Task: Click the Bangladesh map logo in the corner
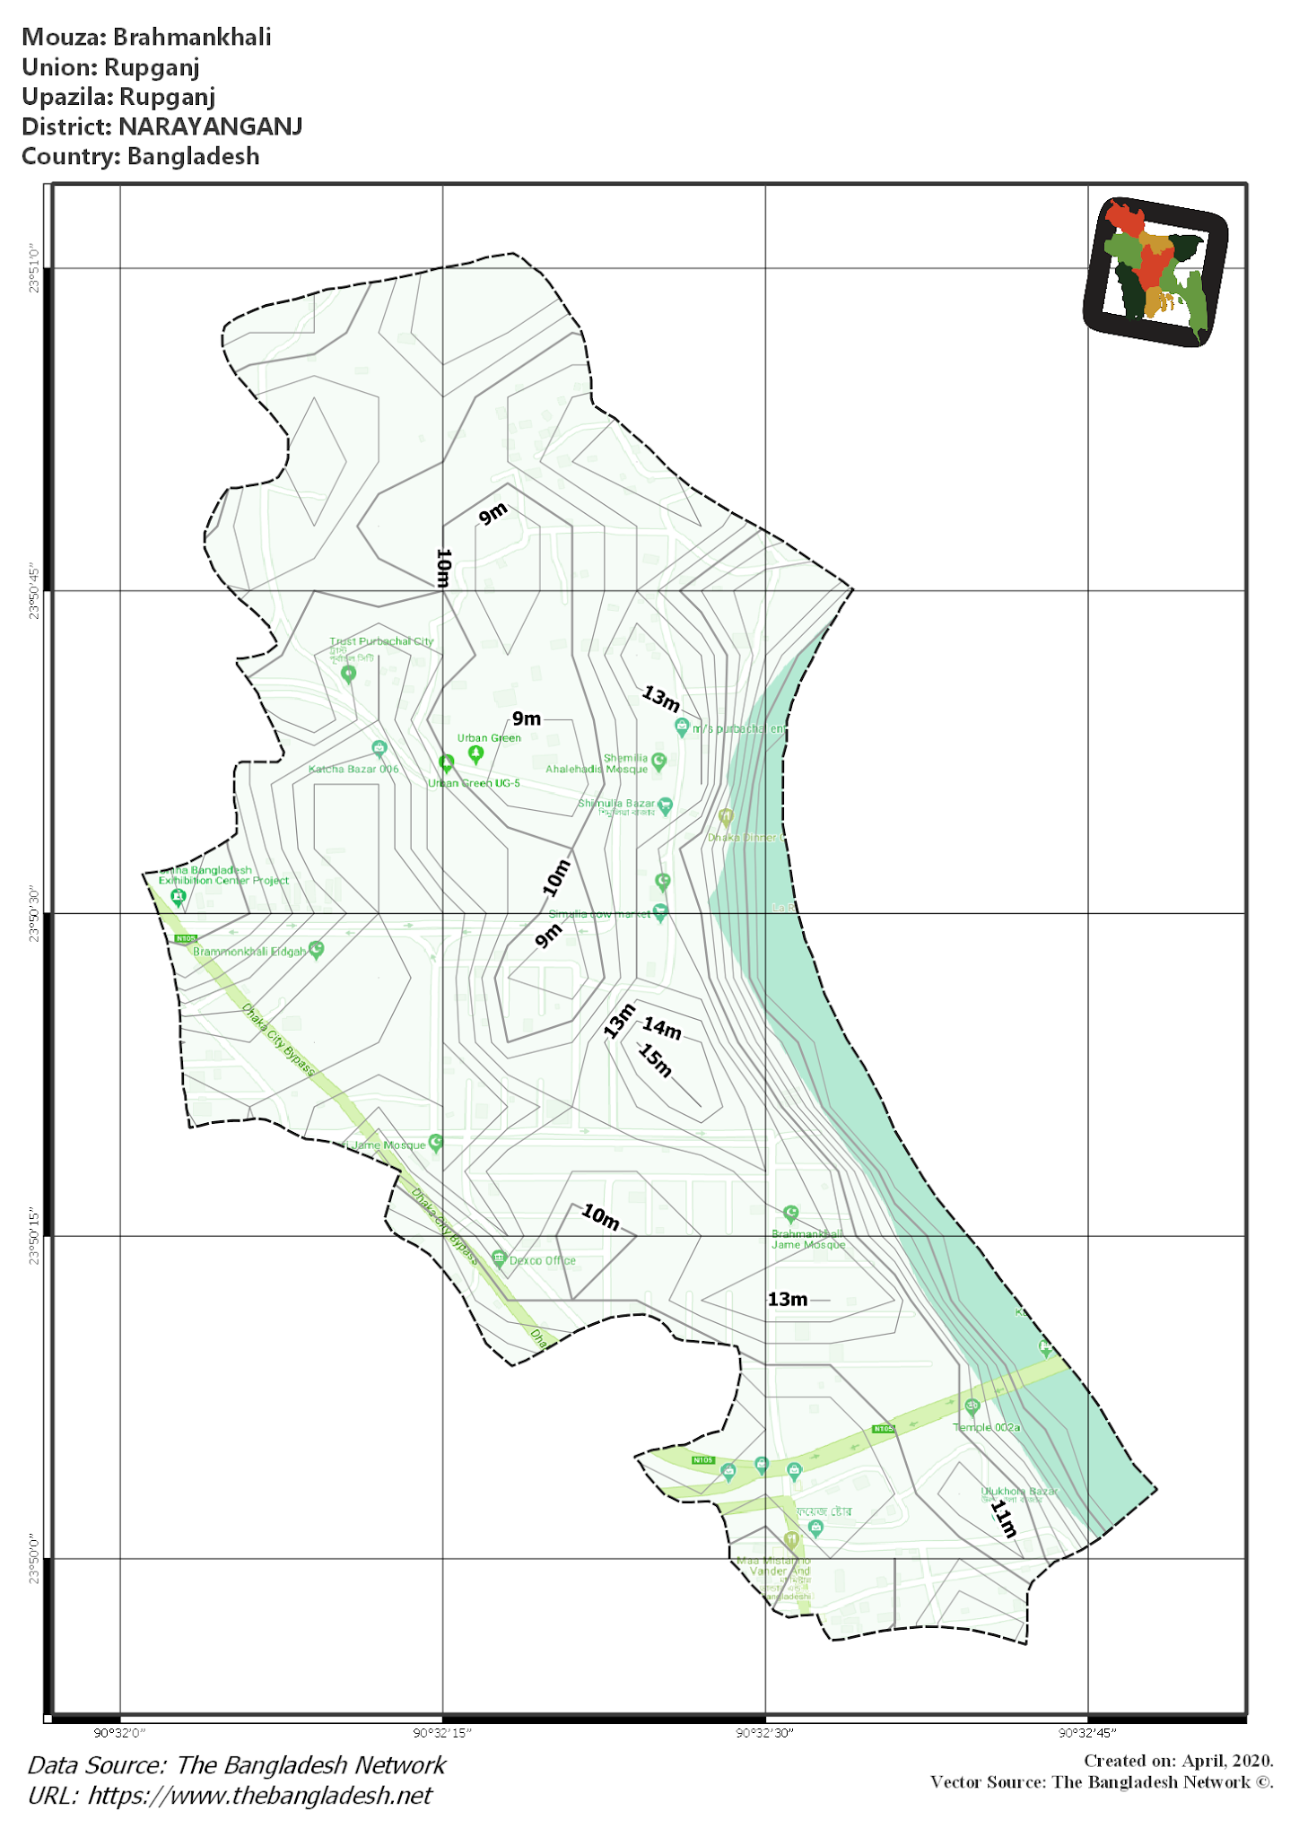[1155, 271]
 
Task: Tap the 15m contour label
[656, 1061]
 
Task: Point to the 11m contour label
[1003, 1519]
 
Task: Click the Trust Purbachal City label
[381, 641]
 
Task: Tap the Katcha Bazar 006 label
[353, 769]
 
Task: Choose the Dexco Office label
[542, 1260]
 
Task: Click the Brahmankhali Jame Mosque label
[807, 1239]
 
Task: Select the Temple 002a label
[986, 1427]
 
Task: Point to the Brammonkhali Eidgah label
[249, 952]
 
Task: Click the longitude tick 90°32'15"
[442, 1733]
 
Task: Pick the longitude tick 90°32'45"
[1087, 1733]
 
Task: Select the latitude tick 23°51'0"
[34, 267]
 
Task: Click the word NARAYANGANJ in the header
[210, 126]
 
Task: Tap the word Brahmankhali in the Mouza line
[192, 37]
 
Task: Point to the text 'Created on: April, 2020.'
[1178, 1761]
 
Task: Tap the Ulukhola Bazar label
[1018, 1492]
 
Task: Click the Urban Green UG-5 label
[474, 783]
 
